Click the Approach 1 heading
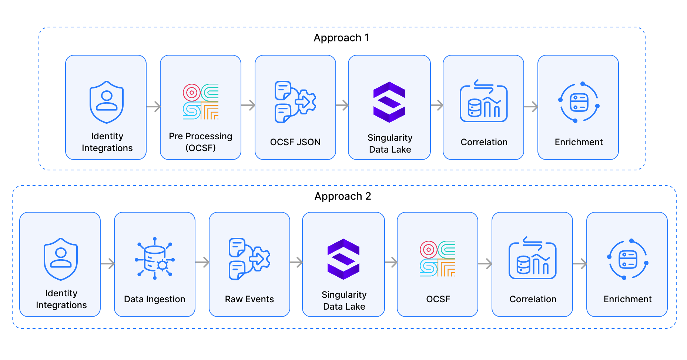(341, 38)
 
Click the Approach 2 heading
(343, 196)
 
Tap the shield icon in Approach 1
(107, 102)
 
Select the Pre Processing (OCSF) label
(201, 142)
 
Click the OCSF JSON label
(295, 142)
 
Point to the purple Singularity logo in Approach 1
(389, 102)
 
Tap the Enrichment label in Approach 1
(579, 142)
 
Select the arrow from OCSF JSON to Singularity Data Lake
(342, 105)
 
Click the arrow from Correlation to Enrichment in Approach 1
(531, 107)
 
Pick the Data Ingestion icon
(155, 259)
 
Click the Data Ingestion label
(155, 299)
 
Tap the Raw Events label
(249, 299)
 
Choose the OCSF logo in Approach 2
(438, 259)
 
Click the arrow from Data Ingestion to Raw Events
(202, 263)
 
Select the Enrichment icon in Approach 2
(627, 259)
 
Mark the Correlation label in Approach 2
(533, 299)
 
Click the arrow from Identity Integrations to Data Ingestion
(108, 264)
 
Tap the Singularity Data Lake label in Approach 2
(344, 300)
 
